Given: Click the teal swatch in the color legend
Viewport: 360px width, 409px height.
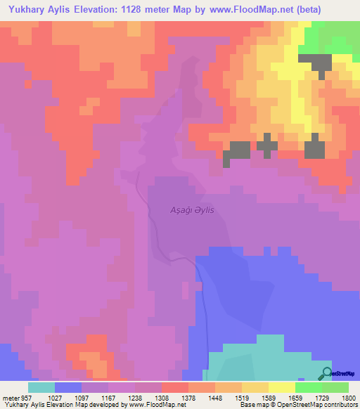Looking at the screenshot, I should [41, 387].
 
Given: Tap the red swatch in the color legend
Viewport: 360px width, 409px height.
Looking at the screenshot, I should [175, 387].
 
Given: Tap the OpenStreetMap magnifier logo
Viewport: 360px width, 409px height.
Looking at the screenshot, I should [326, 374].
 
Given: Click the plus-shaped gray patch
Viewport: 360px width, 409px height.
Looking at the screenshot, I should [266, 144].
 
